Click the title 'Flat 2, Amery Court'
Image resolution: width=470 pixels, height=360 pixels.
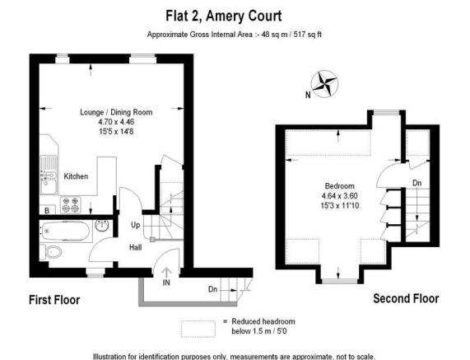pos(224,16)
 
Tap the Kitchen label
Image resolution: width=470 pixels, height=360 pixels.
pos(76,176)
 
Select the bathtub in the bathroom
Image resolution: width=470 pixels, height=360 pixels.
pos(66,231)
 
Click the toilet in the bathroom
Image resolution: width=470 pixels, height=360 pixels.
pos(51,252)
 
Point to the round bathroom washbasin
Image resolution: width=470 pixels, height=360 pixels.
pos(102,226)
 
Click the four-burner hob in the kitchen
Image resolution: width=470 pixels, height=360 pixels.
pos(71,205)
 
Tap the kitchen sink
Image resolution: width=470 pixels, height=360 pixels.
pos(49,175)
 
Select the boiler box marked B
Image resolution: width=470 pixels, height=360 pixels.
pos(47,210)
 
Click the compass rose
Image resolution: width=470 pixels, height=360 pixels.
pos(324,84)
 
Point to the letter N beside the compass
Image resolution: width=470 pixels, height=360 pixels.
pos(308,95)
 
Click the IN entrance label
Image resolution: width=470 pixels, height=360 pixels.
pos(166,283)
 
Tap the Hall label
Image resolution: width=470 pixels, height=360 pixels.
pos(136,247)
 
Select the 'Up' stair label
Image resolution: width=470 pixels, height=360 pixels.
pos(136,225)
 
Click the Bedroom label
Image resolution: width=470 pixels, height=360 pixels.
pos(340,185)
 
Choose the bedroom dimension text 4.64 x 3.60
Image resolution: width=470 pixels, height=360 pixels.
pos(340,196)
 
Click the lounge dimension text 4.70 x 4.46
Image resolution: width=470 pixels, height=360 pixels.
pos(116,122)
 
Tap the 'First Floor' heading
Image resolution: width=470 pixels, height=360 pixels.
pos(54,300)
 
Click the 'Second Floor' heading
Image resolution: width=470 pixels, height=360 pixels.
pos(406,298)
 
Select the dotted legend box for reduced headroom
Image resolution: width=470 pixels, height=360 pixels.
pos(198,329)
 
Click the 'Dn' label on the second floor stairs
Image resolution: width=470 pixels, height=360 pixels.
pos(417,183)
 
